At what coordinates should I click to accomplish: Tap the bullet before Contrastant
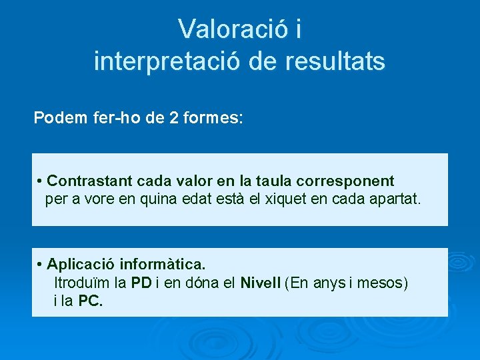tap(41, 181)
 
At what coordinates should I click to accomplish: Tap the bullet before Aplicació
tap(41, 265)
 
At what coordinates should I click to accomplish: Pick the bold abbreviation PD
tap(141, 283)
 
